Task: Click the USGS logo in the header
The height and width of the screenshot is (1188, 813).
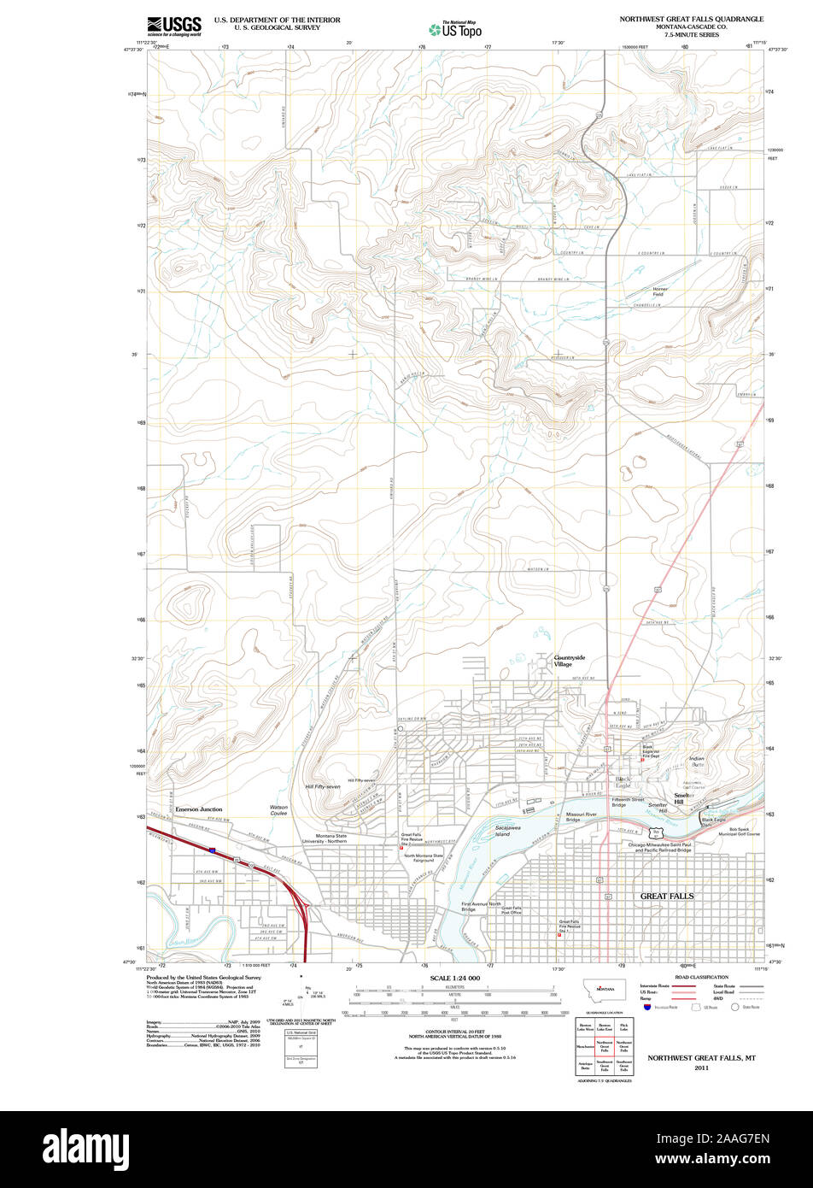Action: coord(173,25)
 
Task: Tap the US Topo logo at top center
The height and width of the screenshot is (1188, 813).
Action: coord(454,28)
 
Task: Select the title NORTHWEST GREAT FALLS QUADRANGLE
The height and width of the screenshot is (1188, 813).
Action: coord(692,18)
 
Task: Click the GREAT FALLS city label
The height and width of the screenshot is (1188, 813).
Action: coord(667,896)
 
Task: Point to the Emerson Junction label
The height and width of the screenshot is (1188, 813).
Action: coord(199,809)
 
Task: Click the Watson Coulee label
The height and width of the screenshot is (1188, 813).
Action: coord(279,809)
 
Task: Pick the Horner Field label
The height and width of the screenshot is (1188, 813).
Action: coord(660,291)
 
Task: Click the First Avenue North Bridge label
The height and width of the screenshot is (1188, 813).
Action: coord(481,906)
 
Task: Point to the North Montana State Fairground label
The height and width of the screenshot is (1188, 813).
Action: coord(424,857)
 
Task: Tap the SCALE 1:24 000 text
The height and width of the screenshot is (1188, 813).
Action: coord(454,977)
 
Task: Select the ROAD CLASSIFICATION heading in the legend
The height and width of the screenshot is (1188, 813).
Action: coord(701,976)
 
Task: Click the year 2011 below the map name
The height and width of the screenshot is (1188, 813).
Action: coord(701,1067)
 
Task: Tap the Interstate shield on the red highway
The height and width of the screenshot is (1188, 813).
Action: coord(211,850)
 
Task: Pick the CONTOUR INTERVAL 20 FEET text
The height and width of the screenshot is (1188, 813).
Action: coord(453,1032)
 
